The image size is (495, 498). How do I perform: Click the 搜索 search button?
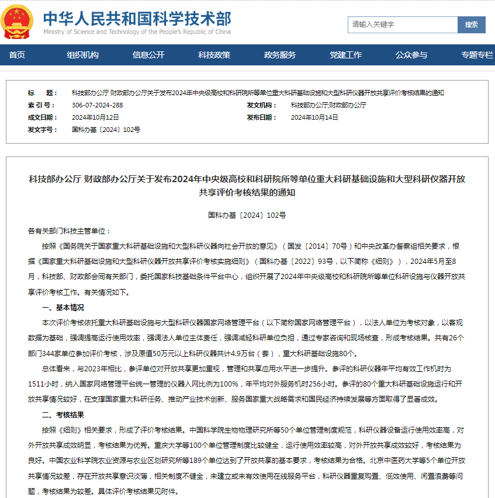(x=472, y=25)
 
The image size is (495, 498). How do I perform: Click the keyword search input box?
(x=403, y=25)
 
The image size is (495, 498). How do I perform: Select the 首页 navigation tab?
(x=17, y=55)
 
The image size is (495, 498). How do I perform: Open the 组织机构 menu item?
(x=82, y=55)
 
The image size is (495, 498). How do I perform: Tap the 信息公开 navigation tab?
(x=148, y=55)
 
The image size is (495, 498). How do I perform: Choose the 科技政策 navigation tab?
(x=214, y=55)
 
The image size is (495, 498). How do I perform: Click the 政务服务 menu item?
(x=280, y=55)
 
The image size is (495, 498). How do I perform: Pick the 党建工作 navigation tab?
(x=345, y=55)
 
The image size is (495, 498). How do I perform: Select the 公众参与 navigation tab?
(x=411, y=55)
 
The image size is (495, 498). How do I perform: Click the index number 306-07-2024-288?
(x=97, y=105)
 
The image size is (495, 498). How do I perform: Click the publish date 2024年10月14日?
(x=314, y=117)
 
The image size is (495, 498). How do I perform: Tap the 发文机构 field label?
(x=261, y=105)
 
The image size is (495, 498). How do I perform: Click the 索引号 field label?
(x=41, y=105)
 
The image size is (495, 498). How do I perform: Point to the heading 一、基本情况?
(x=63, y=307)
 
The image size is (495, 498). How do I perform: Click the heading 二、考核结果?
(x=63, y=415)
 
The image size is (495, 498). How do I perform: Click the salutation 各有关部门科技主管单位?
(x=69, y=231)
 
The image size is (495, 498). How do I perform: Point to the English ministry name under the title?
(x=137, y=32)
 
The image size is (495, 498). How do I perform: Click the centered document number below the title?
(x=247, y=215)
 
